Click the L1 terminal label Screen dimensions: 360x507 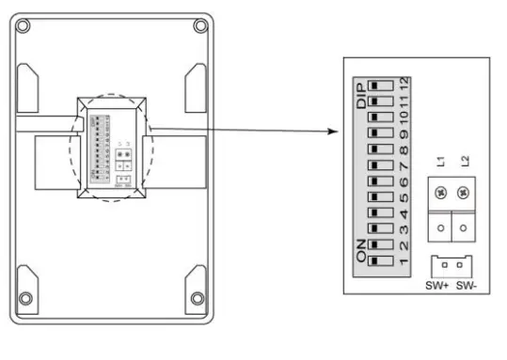440,160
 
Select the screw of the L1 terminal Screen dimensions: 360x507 440,193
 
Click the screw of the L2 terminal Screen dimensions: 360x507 463,193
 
